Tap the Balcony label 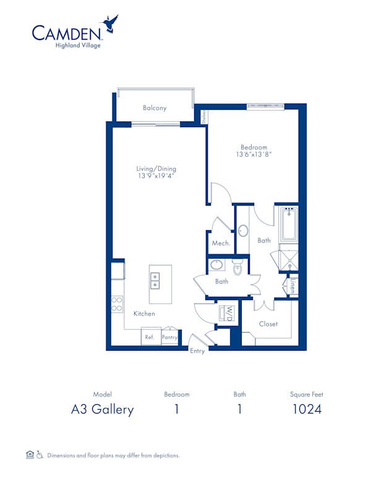tap(155, 108)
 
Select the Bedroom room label tap(254, 148)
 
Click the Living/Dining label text tap(156, 167)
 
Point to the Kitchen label tap(145, 314)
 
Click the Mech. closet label tap(221, 243)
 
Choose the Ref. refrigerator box tap(150, 337)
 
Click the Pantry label tap(169, 338)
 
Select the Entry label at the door tap(197, 351)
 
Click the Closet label tap(268, 323)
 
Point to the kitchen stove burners tap(116, 303)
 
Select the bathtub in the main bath tap(289, 226)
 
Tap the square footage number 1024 tap(306, 409)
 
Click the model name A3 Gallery tap(103, 409)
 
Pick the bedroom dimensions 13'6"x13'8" tap(254, 156)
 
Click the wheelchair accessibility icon tap(40, 456)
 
